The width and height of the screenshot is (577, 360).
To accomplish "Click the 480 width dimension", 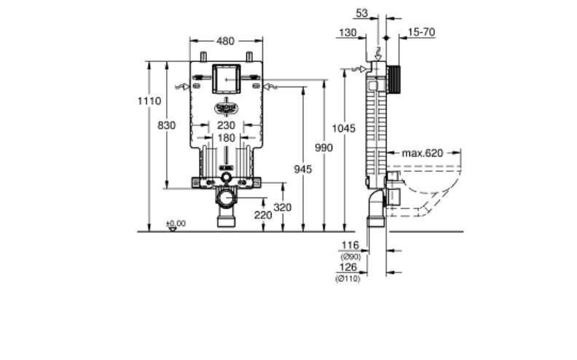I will [226, 41].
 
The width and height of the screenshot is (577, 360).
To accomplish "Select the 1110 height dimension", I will [149, 101].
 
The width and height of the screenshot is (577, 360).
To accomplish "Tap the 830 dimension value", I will [167, 125].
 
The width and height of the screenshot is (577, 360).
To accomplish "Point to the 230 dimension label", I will [226, 125].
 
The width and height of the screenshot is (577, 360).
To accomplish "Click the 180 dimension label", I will [226, 138].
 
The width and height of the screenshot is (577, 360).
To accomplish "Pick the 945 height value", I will [302, 169].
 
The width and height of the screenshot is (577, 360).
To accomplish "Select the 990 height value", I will [323, 148].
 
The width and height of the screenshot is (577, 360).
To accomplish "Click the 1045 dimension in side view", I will [344, 128].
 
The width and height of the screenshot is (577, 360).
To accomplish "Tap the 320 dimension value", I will [282, 208].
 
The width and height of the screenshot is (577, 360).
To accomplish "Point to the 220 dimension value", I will [263, 215].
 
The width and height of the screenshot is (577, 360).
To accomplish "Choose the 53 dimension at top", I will [362, 13].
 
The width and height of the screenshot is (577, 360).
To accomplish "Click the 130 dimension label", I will [348, 32].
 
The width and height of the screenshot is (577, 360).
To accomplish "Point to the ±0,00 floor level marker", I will [175, 223].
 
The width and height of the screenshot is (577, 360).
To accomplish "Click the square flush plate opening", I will [226, 78].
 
